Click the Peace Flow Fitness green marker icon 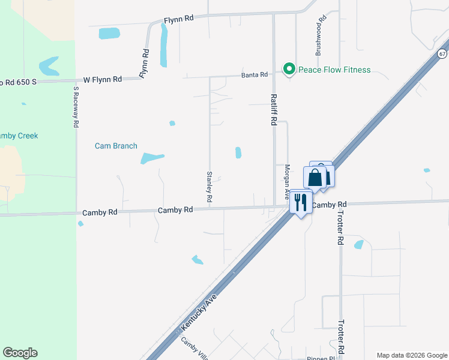pyautogui.click(x=289, y=70)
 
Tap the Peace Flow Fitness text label pyautogui.click(x=334, y=70)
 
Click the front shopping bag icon pyautogui.click(x=315, y=178)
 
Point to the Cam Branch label pyautogui.click(x=116, y=146)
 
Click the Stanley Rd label pyautogui.click(x=209, y=186)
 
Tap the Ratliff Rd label pyautogui.click(x=273, y=109)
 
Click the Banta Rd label pyautogui.click(x=255, y=74)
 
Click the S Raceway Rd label pyautogui.click(x=76, y=107)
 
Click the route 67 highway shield pyautogui.click(x=442, y=53)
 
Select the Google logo pyautogui.click(x=20, y=353)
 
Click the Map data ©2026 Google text pyautogui.click(x=412, y=355)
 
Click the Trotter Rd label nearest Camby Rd pyautogui.click(x=340, y=230)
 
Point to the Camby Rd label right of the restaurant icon pyautogui.click(x=330, y=205)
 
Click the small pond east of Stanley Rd pyautogui.click(x=238, y=153)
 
